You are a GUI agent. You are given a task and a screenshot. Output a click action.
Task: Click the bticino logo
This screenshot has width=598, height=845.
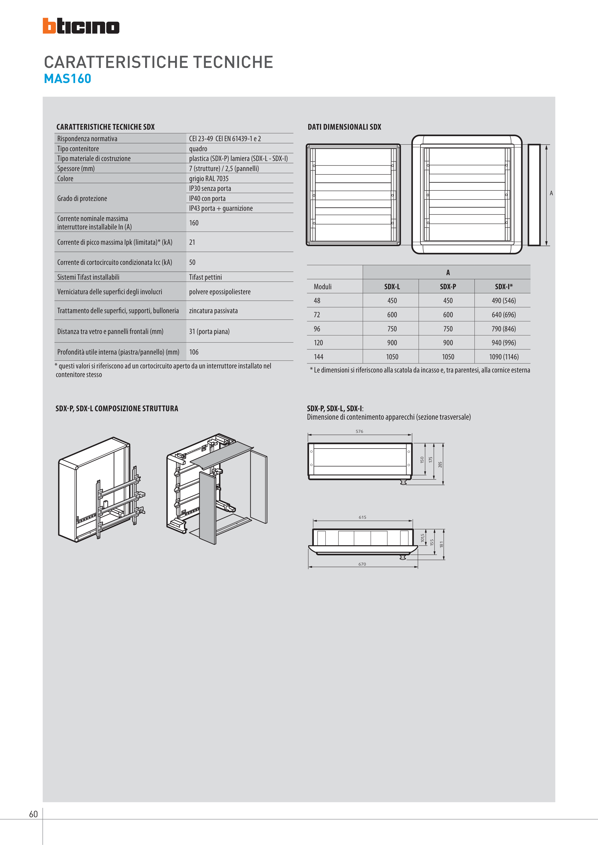tap(81, 26)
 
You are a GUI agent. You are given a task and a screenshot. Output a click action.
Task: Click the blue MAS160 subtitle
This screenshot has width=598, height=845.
tap(68, 79)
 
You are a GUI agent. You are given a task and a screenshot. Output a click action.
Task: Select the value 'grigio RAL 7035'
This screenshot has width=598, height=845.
tap(209, 178)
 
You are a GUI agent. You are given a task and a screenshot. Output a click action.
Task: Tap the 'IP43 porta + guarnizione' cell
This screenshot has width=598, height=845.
tap(221, 208)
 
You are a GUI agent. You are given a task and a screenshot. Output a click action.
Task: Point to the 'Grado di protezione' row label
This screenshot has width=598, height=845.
tap(82, 198)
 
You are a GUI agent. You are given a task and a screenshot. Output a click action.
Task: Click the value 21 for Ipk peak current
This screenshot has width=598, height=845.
tap(192, 242)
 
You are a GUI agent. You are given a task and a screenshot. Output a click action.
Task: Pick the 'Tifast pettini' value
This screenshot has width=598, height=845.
tap(205, 277)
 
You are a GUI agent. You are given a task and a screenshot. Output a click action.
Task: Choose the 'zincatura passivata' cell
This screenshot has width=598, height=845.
tap(213, 311)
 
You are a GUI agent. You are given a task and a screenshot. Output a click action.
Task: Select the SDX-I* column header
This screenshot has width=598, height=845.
tap(504, 287)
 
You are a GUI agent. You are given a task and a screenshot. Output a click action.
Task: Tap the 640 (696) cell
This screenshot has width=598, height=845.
tap(504, 315)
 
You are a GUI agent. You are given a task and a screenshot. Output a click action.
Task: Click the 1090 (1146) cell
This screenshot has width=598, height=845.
tap(504, 357)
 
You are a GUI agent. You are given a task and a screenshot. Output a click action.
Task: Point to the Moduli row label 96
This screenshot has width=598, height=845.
tap(317, 329)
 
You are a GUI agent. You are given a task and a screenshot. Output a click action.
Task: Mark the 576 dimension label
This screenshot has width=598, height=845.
tap(359, 431)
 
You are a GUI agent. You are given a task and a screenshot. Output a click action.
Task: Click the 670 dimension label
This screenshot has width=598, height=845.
tap(362, 564)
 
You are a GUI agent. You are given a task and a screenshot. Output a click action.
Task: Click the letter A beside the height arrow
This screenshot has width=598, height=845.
tap(551, 193)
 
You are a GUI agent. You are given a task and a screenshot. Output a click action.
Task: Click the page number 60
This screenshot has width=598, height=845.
tap(34, 814)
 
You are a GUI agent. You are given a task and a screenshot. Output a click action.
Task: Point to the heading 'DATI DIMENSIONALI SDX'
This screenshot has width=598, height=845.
tap(344, 127)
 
